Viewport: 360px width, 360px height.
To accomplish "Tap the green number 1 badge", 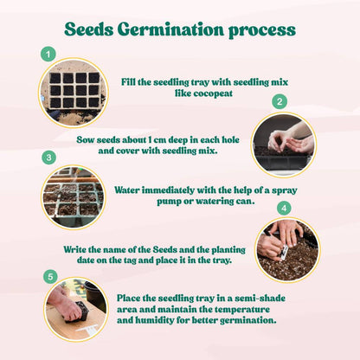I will pos(48,55).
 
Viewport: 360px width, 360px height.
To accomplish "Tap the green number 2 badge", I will pos(279,101).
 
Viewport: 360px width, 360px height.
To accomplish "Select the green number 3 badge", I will pos(49,157).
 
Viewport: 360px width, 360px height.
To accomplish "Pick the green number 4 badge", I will pos(283,209).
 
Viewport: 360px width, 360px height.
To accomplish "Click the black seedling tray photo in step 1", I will pos(74,93).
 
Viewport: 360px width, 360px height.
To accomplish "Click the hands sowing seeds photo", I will pos(282,143).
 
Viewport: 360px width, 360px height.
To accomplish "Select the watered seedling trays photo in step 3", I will pos(74,196).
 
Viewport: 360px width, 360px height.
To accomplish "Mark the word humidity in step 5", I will pos(155,320).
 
